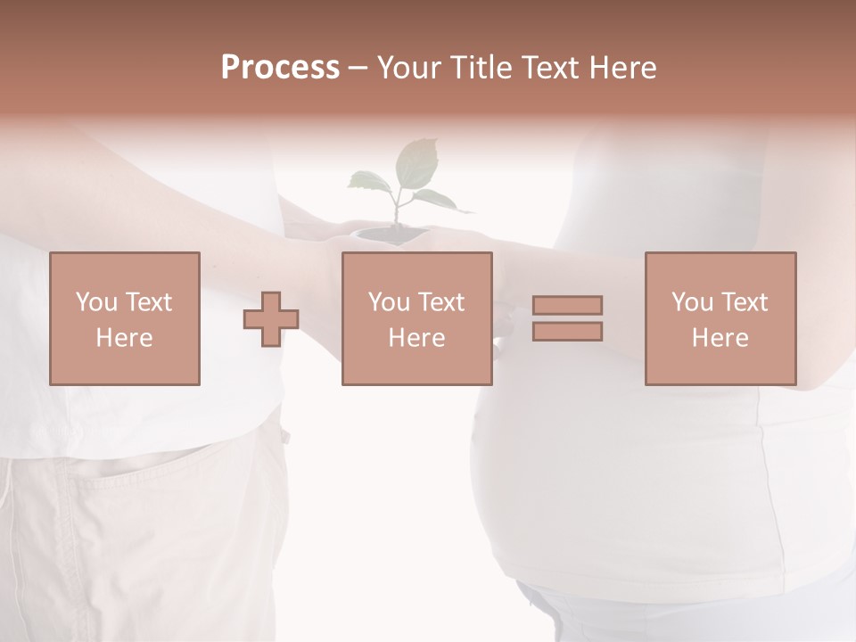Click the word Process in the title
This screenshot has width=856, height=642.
(x=280, y=68)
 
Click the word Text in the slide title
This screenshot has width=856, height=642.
(x=552, y=68)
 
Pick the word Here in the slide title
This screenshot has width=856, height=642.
(x=623, y=68)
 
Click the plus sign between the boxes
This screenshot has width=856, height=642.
(x=271, y=319)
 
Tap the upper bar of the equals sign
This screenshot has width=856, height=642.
(x=567, y=305)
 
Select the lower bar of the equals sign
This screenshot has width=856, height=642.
(x=567, y=331)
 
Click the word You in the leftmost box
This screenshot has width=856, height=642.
(x=96, y=302)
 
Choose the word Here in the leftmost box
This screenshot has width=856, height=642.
(x=124, y=338)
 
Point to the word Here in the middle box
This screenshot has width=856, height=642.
(x=416, y=338)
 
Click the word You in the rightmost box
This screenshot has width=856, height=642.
(x=692, y=302)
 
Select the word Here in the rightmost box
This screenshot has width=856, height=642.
(x=720, y=338)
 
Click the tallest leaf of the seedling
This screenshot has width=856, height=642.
(x=416, y=160)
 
